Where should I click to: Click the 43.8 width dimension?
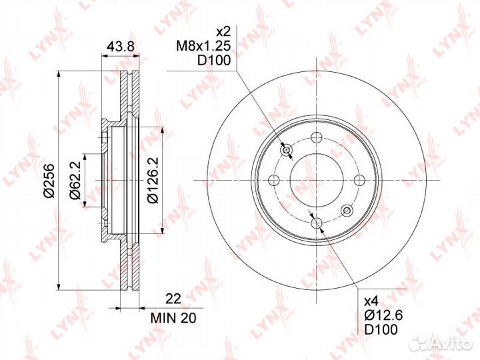click(x=120, y=47)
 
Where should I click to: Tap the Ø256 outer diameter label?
click(x=49, y=181)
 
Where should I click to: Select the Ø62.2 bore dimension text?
click(x=75, y=180)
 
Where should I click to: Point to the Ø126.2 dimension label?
click(x=153, y=180)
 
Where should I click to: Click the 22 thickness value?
click(x=173, y=299)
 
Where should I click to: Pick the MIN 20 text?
click(x=173, y=319)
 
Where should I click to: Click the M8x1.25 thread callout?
click(x=203, y=46)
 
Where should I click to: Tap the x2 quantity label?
click(x=223, y=31)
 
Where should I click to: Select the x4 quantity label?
click(x=371, y=301)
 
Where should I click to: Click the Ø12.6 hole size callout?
click(x=383, y=315)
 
